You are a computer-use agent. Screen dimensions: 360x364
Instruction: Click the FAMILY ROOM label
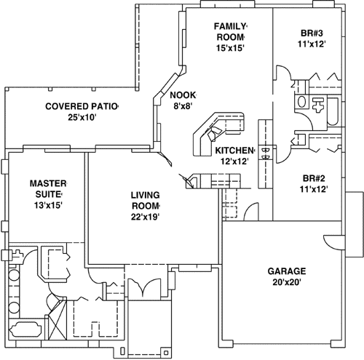click(x=229, y=31)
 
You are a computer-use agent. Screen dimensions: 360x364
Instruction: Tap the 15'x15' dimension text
click(x=229, y=48)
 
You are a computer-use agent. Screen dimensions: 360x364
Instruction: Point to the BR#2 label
click(x=312, y=177)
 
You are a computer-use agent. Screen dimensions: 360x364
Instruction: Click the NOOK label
click(x=181, y=95)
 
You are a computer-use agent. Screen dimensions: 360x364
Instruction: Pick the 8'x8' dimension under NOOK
click(x=181, y=106)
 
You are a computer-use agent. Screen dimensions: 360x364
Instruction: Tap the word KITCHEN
click(x=234, y=150)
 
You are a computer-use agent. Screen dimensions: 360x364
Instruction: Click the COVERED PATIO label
click(x=82, y=106)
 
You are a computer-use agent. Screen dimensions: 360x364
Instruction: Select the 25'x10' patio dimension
click(x=82, y=117)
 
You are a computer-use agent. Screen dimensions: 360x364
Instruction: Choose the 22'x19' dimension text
click(x=145, y=216)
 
